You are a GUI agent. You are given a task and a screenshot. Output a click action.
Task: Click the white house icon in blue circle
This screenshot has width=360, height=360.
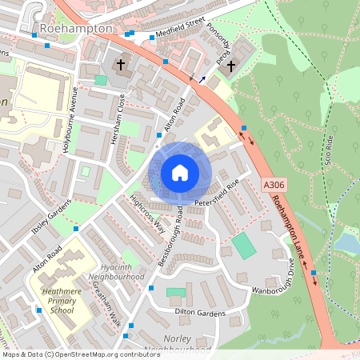pos(179,172)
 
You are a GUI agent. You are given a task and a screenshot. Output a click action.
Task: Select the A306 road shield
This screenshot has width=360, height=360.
pos(273,185)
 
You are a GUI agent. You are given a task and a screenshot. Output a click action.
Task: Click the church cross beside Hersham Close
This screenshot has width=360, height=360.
pos(121,64)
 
